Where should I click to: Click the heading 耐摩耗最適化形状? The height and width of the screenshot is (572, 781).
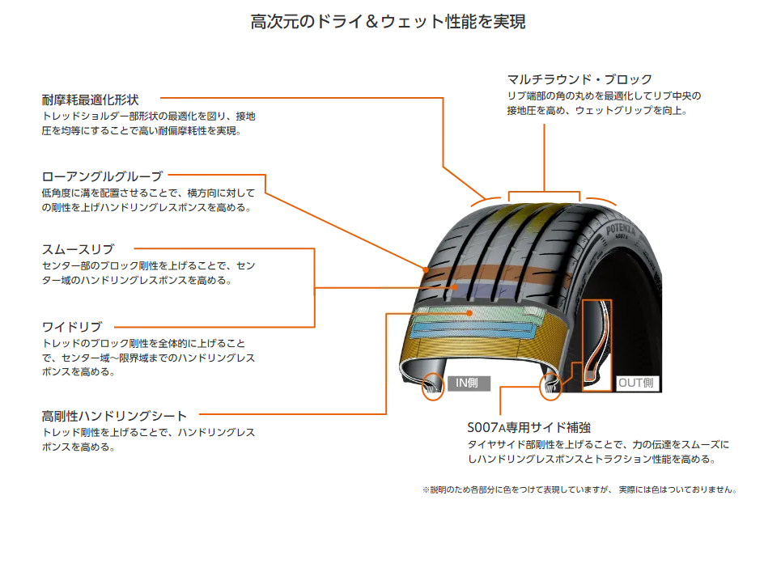[90, 100]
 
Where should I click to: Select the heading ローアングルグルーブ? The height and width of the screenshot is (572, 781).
[102, 176]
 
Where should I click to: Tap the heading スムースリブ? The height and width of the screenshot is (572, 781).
[78, 249]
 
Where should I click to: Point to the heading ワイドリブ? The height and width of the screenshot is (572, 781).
[72, 327]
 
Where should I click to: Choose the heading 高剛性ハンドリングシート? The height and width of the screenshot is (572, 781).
[114, 416]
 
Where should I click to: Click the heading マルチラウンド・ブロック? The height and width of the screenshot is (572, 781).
[579, 79]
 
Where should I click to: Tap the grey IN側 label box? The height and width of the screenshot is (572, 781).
[469, 383]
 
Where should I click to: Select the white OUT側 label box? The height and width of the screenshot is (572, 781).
[636, 383]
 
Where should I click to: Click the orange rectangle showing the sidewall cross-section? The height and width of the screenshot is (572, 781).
[597, 345]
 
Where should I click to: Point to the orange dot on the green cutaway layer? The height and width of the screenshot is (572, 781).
[470, 311]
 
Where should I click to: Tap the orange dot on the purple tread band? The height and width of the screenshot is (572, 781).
[456, 286]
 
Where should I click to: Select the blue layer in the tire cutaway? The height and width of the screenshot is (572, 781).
[473, 328]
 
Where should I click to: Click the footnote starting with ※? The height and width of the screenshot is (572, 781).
[579, 489]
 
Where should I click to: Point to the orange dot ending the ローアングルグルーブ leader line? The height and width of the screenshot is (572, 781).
[426, 268]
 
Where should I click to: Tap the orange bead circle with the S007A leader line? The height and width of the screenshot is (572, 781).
[550, 387]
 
